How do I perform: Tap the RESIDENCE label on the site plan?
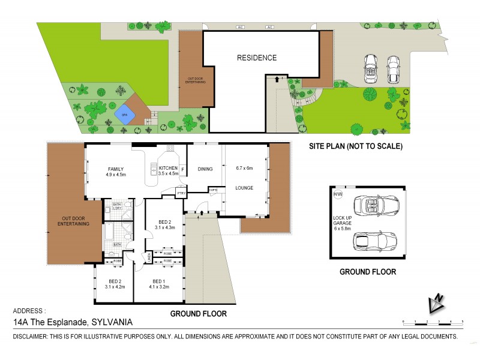coord(256,58)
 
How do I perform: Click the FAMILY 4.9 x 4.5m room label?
coord(115,172)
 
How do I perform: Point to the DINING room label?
coord(205,169)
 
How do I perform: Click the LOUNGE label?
coord(244,188)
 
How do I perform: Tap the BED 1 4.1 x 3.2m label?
coord(158,284)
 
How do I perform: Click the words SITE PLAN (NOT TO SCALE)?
coord(355,146)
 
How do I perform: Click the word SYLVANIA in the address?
coord(112,322)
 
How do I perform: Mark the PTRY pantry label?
coord(181,194)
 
